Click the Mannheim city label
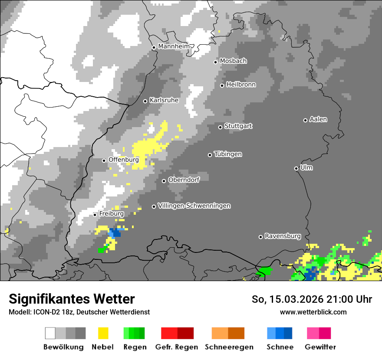coord(174,46)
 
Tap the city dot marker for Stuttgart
coord(220,127)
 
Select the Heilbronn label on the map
coord(241,85)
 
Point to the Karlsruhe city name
coord(164,100)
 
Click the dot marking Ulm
coord(296,168)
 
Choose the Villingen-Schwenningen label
coord(194,206)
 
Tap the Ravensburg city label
coord(283,236)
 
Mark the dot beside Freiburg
coord(95,215)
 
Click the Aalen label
coord(318,119)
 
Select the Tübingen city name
coord(228,154)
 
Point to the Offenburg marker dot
coord(104,160)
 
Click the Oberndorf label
coord(184,180)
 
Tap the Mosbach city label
coord(233,61)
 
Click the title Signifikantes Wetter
coord(72,299)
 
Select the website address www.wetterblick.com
coord(313,312)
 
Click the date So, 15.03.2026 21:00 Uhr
coord(312,299)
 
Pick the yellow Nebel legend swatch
coord(103,333)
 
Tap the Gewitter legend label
coord(320,347)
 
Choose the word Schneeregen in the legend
coord(229,347)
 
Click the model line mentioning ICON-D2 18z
coord(79,312)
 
